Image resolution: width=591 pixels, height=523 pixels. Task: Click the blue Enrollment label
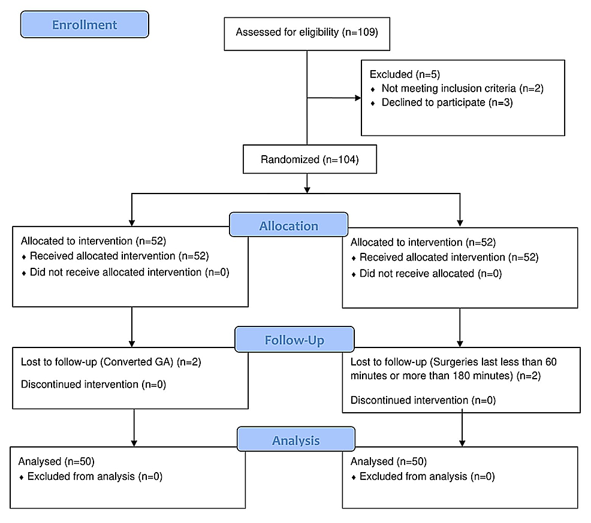[85, 25]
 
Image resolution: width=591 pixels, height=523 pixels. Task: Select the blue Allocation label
[288, 226]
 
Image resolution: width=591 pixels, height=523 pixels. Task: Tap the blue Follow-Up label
[294, 340]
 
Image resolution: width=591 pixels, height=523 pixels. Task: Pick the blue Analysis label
[295, 440]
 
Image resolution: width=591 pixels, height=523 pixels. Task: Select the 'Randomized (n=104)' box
[309, 160]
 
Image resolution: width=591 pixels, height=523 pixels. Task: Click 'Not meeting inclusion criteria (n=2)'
[463, 89]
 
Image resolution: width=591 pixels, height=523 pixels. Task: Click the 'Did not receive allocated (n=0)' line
[430, 274]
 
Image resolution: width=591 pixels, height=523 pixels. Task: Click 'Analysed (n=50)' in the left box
[56, 462]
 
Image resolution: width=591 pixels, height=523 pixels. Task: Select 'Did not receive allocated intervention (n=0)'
[129, 273]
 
